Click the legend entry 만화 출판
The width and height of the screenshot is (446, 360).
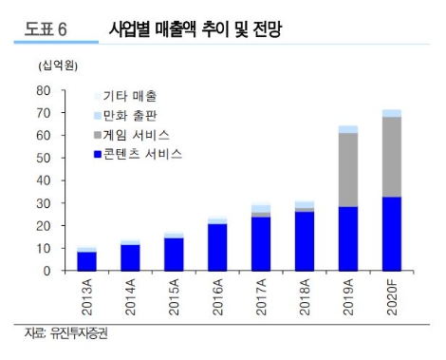pos(129,115)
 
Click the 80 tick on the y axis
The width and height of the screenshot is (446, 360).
pos(42,91)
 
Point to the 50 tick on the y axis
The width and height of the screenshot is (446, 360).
pos(42,159)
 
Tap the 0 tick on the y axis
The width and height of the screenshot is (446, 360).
pos(46,272)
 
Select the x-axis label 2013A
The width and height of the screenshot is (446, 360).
pos(88,298)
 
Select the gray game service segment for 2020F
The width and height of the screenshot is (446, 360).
pos(392,157)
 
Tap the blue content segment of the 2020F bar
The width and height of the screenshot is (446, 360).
pos(392,234)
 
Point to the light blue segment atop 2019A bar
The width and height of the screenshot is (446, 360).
pos(348,129)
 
